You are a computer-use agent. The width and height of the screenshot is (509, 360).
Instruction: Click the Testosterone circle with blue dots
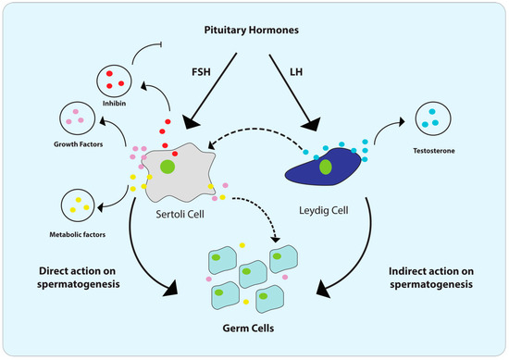(x=428, y=119)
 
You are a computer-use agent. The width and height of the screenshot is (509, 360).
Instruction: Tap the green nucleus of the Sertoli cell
(x=168, y=168)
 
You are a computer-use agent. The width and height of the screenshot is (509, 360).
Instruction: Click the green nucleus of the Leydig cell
(x=326, y=168)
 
